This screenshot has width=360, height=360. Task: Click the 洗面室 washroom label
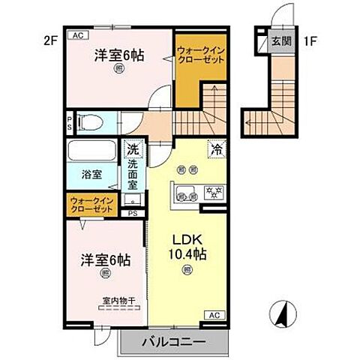coord(133,174)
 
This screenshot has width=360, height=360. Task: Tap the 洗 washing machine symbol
coord(133,149)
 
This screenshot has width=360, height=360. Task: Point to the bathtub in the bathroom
coord(91,152)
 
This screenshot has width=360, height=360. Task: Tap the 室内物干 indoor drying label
coord(119,301)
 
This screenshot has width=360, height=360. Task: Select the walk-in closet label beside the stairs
coord(199,56)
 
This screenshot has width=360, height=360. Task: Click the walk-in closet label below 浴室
coord(92,205)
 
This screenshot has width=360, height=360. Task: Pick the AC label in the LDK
coord(212,314)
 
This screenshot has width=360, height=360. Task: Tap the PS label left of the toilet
coord(70,121)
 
